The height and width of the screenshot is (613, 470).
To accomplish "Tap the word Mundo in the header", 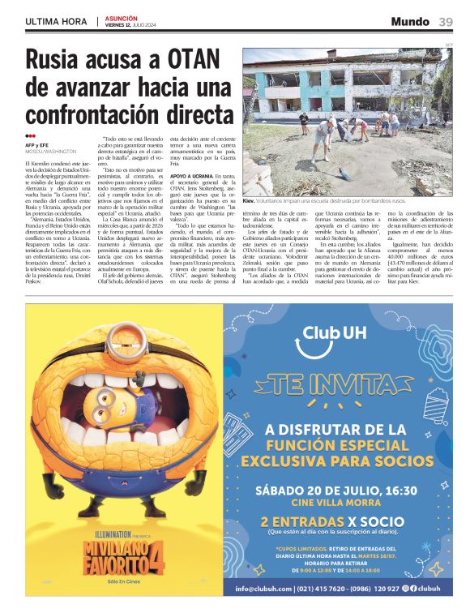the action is click(x=410, y=21).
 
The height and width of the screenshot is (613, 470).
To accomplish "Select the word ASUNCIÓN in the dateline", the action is click(x=122, y=17).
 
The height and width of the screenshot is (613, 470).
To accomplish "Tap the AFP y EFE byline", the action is click(x=38, y=144).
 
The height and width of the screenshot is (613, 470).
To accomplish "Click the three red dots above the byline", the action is click(x=31, y=136).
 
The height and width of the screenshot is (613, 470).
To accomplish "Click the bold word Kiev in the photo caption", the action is click(x=250, y=200).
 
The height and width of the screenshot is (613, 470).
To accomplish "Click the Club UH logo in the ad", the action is click(x=335, y=332).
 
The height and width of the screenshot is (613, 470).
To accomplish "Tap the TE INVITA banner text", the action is click(x=335, y=381).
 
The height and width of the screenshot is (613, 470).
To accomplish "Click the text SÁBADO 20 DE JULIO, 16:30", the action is click(x=335, y=490).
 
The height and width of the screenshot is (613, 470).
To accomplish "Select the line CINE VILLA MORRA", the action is click(x=335, y=504).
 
